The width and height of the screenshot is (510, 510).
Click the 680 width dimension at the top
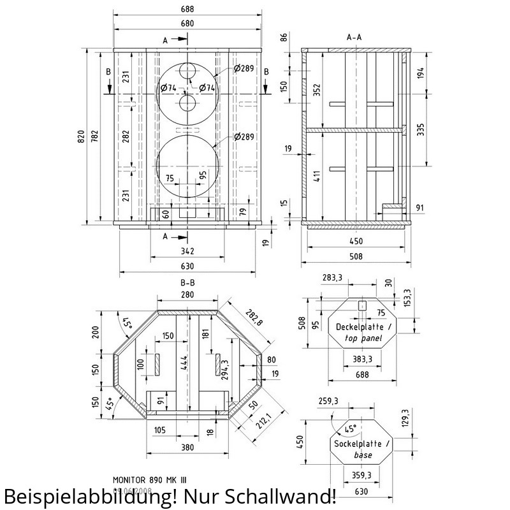[x=187, y=24]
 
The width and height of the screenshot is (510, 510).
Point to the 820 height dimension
[x=81, y=136]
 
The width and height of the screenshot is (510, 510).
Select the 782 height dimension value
[x=95, y=136]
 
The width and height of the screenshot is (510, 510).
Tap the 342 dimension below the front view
[x=187, y=251]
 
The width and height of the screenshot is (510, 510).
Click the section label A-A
[x=354, y=38]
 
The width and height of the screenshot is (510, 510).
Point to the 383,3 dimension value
[x=361, y=360]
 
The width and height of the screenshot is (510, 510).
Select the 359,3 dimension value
[x=361, y=475]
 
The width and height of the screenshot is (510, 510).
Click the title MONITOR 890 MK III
[x=150, y=479]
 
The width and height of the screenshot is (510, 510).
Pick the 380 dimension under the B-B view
[x=187, y=448]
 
